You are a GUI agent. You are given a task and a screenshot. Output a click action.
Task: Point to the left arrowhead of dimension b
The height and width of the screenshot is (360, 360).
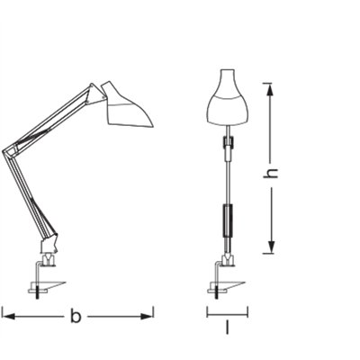[5, 315]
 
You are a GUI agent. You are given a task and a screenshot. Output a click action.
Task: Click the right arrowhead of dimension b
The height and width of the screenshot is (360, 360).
[149, 315]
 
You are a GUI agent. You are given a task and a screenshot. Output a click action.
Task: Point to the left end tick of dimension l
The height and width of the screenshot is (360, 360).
[207, 313]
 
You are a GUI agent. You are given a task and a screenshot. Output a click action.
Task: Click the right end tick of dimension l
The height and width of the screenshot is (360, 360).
[246, 313]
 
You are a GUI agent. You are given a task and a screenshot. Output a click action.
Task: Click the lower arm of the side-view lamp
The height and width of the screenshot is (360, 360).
[27, 193]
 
